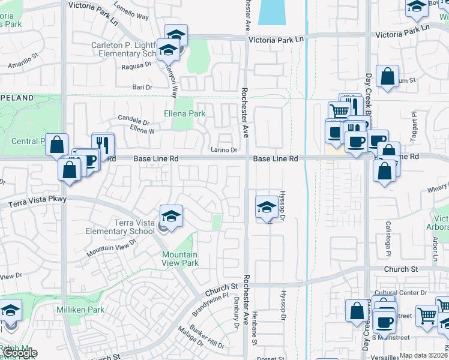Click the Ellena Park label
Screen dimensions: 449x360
185,113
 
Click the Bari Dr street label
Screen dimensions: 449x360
142,88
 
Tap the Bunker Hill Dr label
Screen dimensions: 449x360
207,337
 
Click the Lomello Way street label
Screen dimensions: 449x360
131,14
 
